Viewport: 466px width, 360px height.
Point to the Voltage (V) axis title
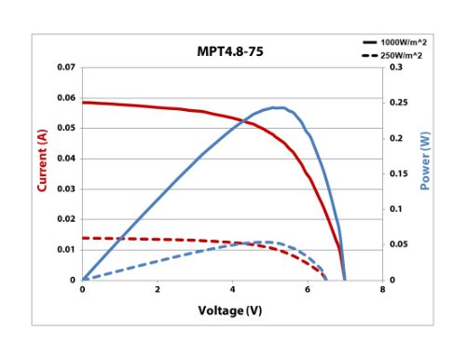[x=231, y=310]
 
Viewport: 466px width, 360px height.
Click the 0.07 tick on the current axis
[x=65, y=68]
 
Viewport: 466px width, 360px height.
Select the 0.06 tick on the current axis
[x=65, y=98]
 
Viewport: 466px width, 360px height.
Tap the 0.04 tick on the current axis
[x=65, y=159]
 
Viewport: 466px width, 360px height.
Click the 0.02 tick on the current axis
[x=65, y=219]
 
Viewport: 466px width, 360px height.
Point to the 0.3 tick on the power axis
[x=395, y=68]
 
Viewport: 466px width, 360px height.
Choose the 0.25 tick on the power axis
[x=397, y=103]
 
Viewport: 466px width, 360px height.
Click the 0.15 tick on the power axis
[x=397, y=173]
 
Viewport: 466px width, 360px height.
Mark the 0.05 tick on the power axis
[x=397, y=244]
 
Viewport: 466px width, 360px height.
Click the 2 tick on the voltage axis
[x=158, y=290]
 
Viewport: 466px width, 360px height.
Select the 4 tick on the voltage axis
[x=233, y=290]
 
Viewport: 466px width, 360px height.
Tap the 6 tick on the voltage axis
[x=308, y=290]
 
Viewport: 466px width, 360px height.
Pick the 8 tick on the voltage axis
[x=382, y=290]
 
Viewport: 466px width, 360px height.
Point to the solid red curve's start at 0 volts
[x=83, y=102]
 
